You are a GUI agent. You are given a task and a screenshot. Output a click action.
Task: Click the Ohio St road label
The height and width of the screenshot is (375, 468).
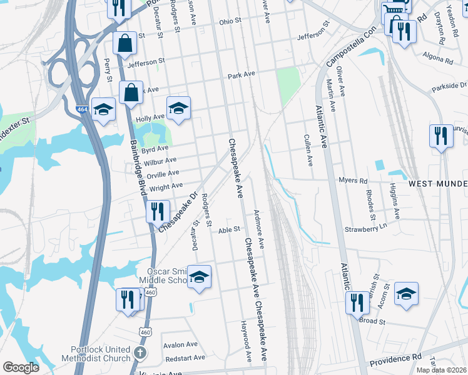230,21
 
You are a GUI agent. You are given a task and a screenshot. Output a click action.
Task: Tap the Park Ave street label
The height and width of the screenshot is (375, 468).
242,74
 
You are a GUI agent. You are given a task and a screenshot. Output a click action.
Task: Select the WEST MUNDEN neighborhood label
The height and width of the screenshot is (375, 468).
437,184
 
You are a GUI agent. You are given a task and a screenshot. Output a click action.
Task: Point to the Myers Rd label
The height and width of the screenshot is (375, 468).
353,181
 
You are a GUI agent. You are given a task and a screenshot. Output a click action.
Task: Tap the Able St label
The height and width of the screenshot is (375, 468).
229,229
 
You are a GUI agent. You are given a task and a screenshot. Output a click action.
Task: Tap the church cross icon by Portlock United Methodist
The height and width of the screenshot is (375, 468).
140,353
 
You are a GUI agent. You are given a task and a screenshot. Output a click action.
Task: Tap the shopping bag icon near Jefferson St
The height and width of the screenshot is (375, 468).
125,42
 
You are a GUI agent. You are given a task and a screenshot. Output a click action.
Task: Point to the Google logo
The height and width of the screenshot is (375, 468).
21,367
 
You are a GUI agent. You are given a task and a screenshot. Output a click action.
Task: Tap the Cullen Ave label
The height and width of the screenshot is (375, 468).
308,151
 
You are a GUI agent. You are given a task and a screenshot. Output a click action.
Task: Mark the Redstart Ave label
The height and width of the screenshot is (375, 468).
184,357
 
